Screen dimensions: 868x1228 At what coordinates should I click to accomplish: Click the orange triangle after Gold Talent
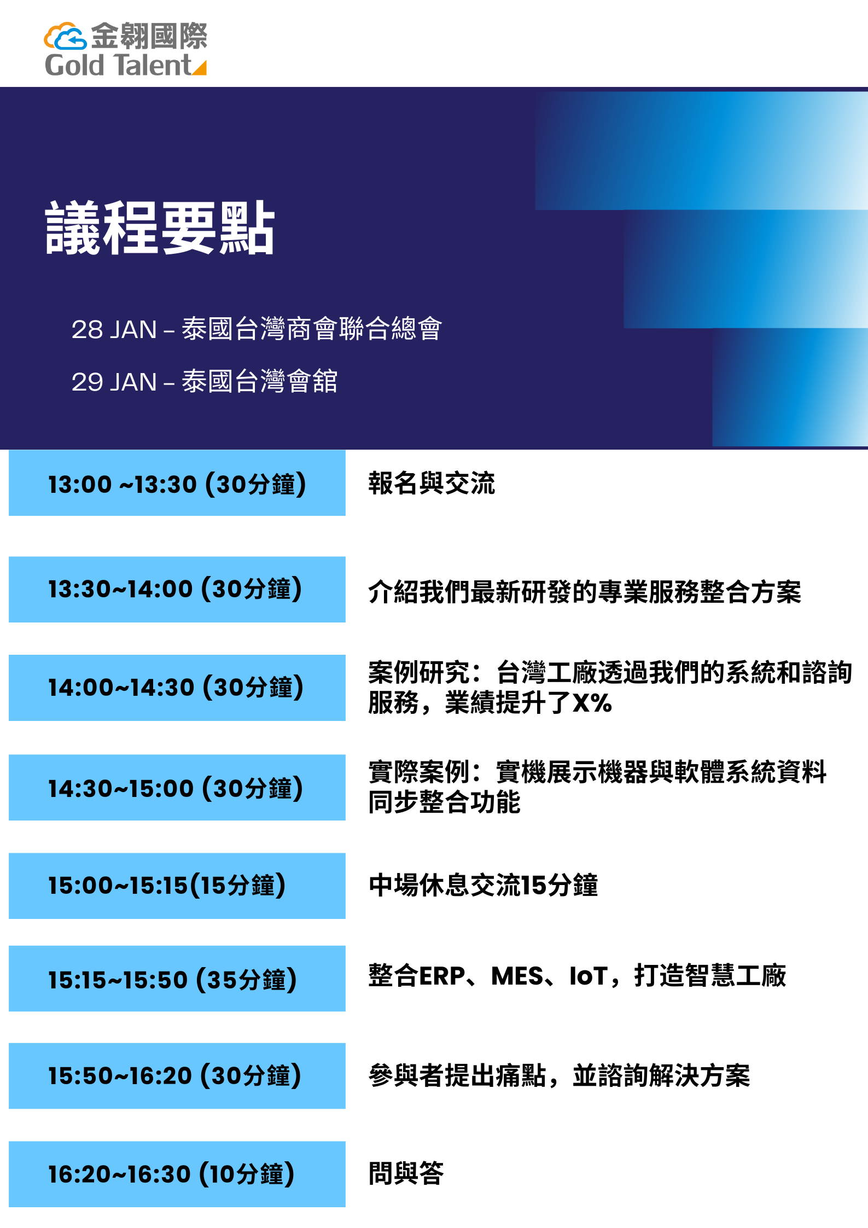(200, 68)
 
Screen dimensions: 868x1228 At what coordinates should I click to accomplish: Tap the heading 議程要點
(160, 228)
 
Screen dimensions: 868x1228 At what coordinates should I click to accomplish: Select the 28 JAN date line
(257, 329)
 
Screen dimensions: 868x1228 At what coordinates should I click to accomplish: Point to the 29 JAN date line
(204, 381)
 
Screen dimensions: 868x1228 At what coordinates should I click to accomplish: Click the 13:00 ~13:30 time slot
(177, 484)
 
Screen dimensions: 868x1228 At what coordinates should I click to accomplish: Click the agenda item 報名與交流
(432, 484)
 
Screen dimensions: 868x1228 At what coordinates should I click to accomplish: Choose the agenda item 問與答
(406, 1173)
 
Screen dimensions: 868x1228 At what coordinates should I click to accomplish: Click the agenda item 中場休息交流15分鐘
(483, 885)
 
